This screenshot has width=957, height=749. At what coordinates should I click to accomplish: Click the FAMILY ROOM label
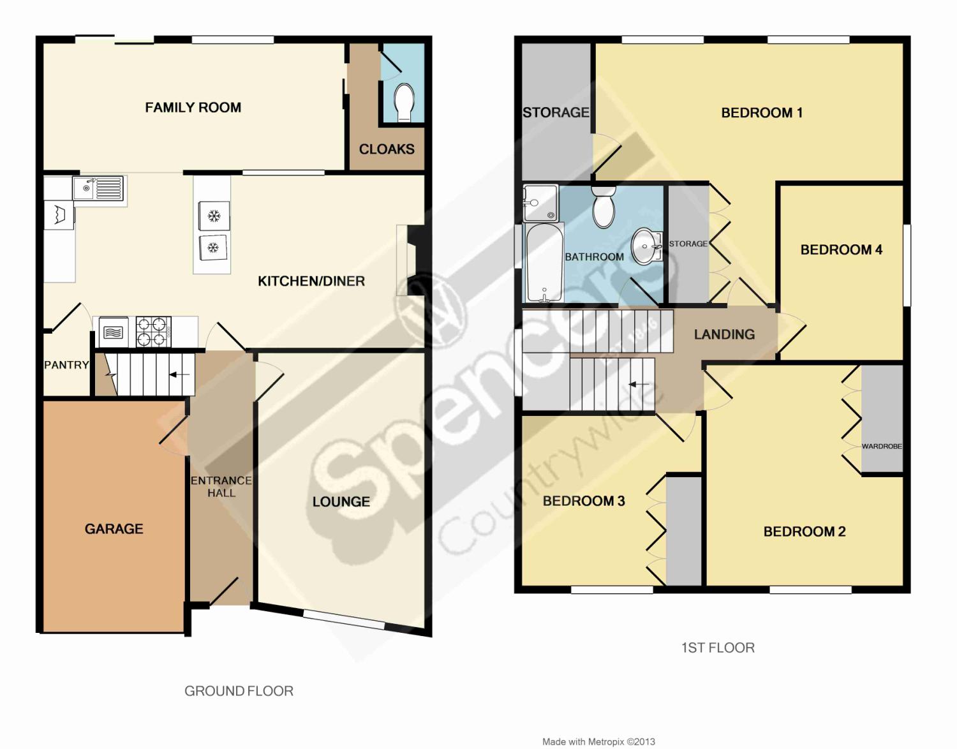(x=193, y=107)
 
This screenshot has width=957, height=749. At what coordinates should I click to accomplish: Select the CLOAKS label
(x=387, y=149)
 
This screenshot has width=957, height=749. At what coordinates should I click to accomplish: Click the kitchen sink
(x=99, y=188)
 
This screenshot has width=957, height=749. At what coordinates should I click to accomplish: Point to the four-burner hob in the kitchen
(x=154, y=332)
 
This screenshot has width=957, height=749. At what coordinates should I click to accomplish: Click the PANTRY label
(x=66, y=365)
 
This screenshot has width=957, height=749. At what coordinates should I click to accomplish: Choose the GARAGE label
(x=114, y=529)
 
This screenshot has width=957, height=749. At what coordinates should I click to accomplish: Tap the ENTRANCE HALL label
(x=221, y=487)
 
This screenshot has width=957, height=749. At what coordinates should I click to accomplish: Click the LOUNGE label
(x=341, y=502)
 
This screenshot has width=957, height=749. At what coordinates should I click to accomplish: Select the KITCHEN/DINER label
(x=311, y=281)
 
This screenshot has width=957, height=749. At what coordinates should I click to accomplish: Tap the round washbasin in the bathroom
(x=647, y=246)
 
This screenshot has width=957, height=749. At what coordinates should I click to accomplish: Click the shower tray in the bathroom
(x=540, y=203)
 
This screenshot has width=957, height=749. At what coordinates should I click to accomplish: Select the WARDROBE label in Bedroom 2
(x=882, y=446)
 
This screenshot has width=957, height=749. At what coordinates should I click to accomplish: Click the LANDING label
(x=724, y=334)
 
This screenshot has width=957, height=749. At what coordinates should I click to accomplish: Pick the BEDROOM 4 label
(x=842, y=250)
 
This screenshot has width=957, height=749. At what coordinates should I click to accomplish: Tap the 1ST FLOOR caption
(x=718, y=648)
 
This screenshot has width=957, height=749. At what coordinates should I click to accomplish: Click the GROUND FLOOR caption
(x=239, y=691)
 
